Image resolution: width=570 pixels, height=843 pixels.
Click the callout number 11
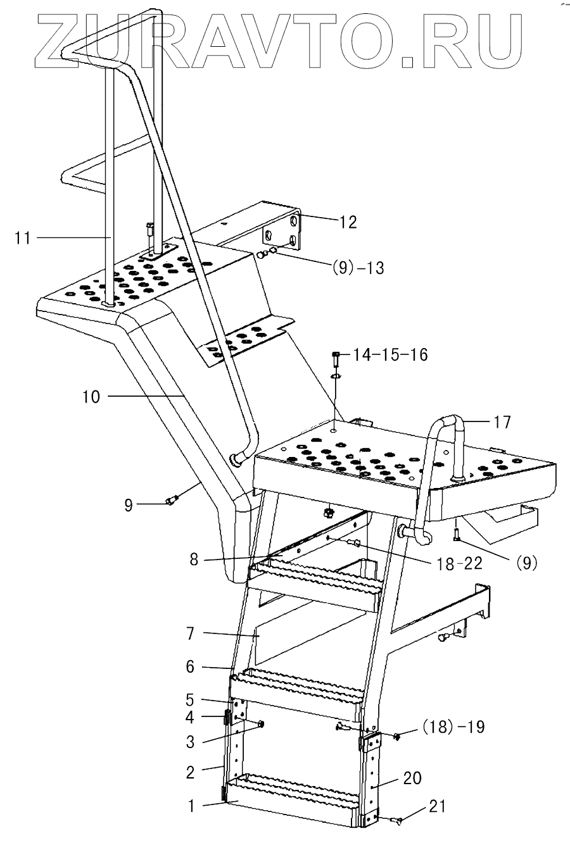[x=23, y=237]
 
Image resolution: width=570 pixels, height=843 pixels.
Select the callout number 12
[x=348, y=222]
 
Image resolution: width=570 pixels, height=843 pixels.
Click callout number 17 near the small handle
[x=502, y=422]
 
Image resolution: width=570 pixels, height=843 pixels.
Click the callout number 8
[x=194, y=559]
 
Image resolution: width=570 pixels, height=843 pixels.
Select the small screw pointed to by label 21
[x=397, y=821]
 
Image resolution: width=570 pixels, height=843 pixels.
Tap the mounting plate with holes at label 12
[x=282, y=233]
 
